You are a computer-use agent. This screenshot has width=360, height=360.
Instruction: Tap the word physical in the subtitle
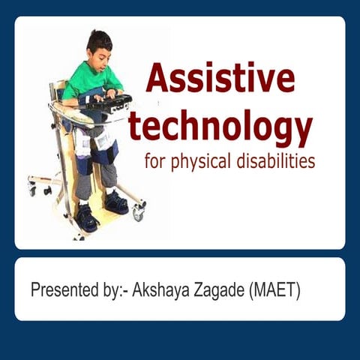point(202,162)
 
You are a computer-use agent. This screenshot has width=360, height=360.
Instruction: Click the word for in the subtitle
point(154,162)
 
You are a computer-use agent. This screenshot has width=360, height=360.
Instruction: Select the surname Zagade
point(222,290)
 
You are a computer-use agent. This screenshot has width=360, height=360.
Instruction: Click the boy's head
point(100,47)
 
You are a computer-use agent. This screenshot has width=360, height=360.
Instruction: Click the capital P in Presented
point(35,290)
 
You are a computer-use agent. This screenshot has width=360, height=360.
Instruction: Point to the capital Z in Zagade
point(197,290)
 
